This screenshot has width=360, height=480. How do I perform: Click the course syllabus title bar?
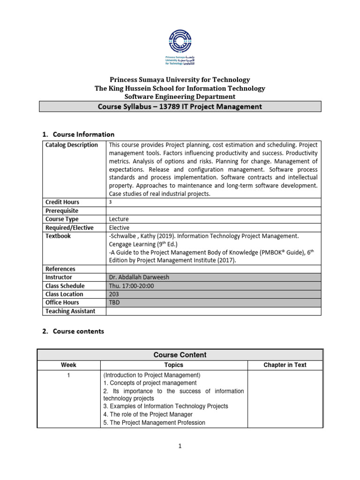[x=180, y=106]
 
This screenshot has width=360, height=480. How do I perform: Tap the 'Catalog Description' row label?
[x=72, y=145]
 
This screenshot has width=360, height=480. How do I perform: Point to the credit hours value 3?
[x=111, y=202]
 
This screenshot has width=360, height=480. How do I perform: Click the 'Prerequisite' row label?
[x=62, y=211]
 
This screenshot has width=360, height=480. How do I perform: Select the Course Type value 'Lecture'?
[x=119, y=219]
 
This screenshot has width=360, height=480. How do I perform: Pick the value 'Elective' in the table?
[x=120, y=227]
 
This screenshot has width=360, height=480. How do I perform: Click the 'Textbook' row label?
[x=58, y=236]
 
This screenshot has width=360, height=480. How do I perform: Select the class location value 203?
[x=114, y=294]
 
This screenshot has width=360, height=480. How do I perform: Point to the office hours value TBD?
[x=114, y=302]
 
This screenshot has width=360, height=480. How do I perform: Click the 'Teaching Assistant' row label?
[x=70, y=311]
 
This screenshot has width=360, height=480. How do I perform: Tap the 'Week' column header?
[x=68, y=365]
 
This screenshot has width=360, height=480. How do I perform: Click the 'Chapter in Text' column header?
[x=285, y=365]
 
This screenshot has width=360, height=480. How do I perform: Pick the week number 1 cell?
[x=68, y=375]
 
